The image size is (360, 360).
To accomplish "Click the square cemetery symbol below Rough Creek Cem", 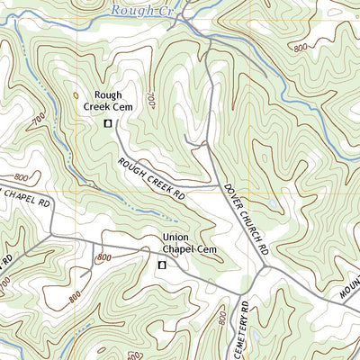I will [108, 123].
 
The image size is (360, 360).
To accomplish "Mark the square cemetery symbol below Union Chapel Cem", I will [162, 265].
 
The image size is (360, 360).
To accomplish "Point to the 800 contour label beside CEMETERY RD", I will [222, 318].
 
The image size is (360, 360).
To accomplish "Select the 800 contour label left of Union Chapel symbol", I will [103, 257].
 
